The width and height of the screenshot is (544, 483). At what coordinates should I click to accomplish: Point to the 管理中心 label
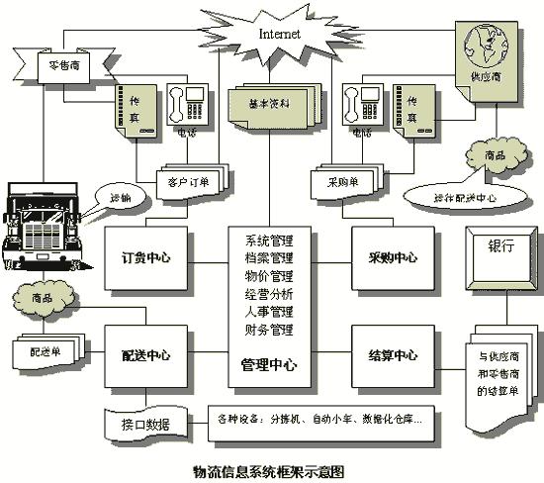pyautogui.click(x=268, y=364)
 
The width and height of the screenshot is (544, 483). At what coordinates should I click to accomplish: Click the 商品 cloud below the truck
pyautogui.click(x=44, y=296)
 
